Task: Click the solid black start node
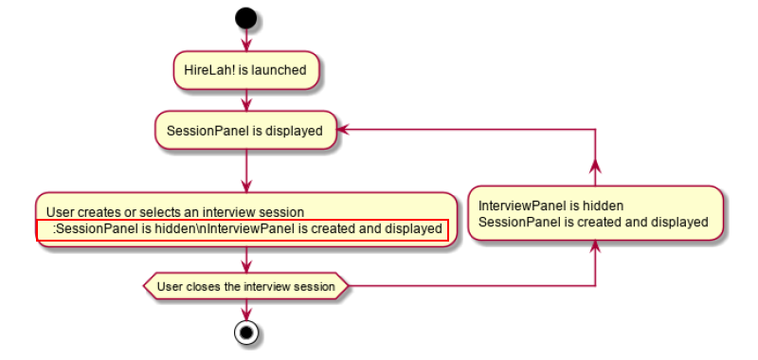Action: click(246, 18)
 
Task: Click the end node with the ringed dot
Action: click(246, 333)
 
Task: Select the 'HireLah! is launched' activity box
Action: click(246, 70)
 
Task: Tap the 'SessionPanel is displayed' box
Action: click(245, 131)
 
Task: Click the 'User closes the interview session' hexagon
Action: click(246, 286)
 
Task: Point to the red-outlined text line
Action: click(243, 229)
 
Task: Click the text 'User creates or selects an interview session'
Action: click(175, 212)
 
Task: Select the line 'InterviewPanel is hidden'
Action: click(550, 206)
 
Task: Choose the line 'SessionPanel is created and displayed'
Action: click(593, 223)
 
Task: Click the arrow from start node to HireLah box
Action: click(246, 40)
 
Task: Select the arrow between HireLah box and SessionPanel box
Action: click(246, 100)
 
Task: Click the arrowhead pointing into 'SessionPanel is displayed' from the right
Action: click(342, 129)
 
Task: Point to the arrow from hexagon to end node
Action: click(246, 310)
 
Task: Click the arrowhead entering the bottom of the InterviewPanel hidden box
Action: click(595, 246)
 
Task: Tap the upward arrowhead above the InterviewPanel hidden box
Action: click(595, 166)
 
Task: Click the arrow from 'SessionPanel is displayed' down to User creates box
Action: click(246, 171)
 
